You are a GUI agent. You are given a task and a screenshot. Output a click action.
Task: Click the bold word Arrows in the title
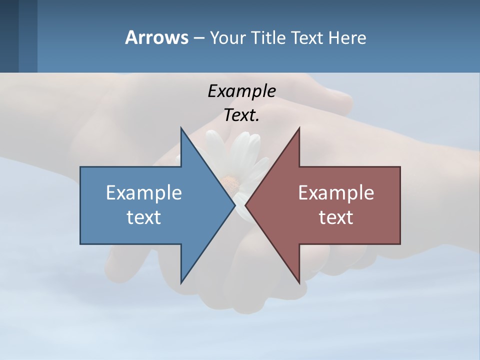[x=156, y=37]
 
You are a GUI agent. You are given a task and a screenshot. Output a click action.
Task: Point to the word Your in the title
[x=227, y=38]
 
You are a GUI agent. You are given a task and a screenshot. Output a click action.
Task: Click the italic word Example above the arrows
[x=241, y=91]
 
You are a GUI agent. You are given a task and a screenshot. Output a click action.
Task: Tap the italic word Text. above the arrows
[x=241, y=115]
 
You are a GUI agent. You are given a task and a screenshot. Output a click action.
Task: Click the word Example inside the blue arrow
[x=144, y=193]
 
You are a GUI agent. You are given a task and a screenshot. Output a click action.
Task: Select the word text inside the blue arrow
[x=144, y=217]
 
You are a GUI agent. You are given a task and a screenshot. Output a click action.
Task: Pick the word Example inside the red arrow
[x=336, y=193]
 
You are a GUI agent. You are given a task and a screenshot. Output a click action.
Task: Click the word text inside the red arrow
[x=336, y=217]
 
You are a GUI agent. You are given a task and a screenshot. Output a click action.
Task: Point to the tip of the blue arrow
[x=235, y=205]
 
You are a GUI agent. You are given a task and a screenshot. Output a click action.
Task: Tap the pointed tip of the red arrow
[x=245, y=205]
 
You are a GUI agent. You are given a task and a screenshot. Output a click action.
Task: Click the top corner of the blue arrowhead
[x=181, y=128]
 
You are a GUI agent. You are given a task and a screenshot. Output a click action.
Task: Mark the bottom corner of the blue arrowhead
[x=181, y=283]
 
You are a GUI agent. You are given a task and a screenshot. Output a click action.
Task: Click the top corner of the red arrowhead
[x=299, y=128]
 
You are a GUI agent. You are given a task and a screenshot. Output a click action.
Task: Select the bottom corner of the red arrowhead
[x=299, y=283]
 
